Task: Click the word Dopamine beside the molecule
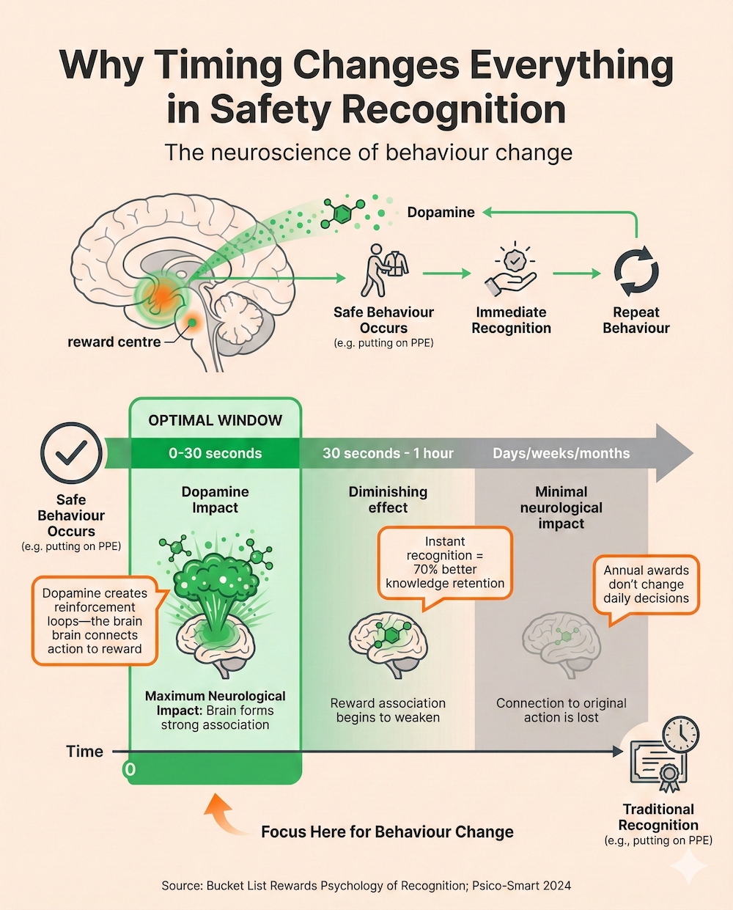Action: [x=441, y=213]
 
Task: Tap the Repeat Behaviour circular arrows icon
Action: [x=636, y=271]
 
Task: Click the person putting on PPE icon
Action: [x=383, y=270]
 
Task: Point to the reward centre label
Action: [x=114, y=342]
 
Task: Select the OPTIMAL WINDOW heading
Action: [x=215, y=420]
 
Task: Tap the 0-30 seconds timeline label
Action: [x=215, y=453]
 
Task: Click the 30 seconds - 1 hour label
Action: [x=388, y=453]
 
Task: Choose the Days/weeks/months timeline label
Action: [x=561, y=453]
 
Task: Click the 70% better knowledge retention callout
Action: [x=445, y=562]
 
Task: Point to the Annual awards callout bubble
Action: [x=646, y=584]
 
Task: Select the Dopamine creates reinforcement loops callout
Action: [x=95, y=620]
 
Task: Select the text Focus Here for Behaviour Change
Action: [x=387, y=832]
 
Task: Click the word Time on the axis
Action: [x=84, y=752]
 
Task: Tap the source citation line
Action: [x=366, y=885]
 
